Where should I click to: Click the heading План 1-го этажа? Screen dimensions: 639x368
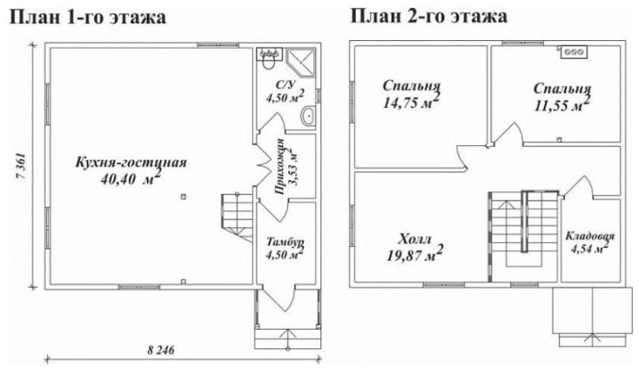pyautogui.click(x=88, y=17)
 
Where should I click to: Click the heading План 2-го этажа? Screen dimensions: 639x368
pyautogui.click(x=429, y=17)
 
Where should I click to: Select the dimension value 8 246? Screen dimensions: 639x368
pyautogui.click(x=160, y=350)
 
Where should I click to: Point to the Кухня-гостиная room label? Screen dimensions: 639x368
pyautogui.click(x=131, y=162)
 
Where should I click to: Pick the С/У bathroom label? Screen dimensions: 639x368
pyautogui.click(x=285, y=85)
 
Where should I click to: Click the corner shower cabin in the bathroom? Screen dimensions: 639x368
pyautogui.click(x=301, y=62)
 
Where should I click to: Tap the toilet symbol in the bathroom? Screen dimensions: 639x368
pyautogui.click(x=268, y=62)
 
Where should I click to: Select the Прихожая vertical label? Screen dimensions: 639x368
pyautogui.click(x=279, y=166)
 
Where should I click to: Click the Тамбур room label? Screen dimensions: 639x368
pyautogui.click(x=285, y=241)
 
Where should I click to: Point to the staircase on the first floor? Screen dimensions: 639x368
pyautogui.click(x=238, y=218)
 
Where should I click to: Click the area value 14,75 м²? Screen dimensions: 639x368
pyautogui.click(x=411, y=102)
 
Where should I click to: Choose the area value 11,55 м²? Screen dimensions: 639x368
pyautogui.click(x=562, y=104)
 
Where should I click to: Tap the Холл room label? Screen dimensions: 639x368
pyautogui.click(x=415, y=239)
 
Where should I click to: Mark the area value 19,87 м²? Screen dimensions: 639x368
pyautogui.click(x=415, y=254)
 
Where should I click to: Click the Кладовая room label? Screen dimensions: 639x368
pyautogui.click(x=590, y=236)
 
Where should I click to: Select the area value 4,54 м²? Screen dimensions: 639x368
pyautogui.click(x=590, y=248)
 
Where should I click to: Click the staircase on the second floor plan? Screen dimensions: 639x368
pyautogui.click(x=523, y=236)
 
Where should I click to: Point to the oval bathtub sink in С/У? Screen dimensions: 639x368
pyautogui.click(x=308, y=116)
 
